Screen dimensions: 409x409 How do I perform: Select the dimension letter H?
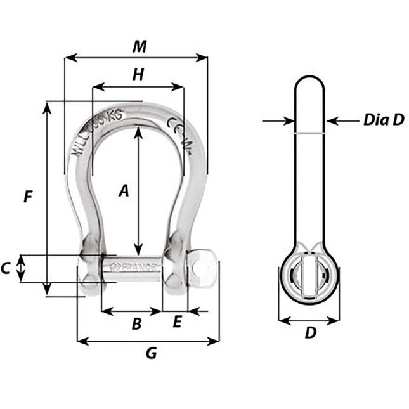[x=137, y=75]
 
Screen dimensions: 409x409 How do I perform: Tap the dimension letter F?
[x=27, y=197]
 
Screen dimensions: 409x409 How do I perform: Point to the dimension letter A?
[x=124, y=190]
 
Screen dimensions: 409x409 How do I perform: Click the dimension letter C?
[x=6, y=268]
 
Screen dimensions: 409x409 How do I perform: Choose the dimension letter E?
[x=177, y=322]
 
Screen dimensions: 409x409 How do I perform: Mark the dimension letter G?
[x=150, y=353]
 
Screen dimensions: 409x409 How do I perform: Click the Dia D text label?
[x=383, y=120]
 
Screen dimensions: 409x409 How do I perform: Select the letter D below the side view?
[x=310, y=332]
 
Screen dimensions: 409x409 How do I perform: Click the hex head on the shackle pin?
[x=202, y=266]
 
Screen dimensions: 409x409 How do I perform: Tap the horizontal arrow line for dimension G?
[x=148, y=342]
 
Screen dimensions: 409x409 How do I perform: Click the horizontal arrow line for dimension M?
[x=136, y=58]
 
